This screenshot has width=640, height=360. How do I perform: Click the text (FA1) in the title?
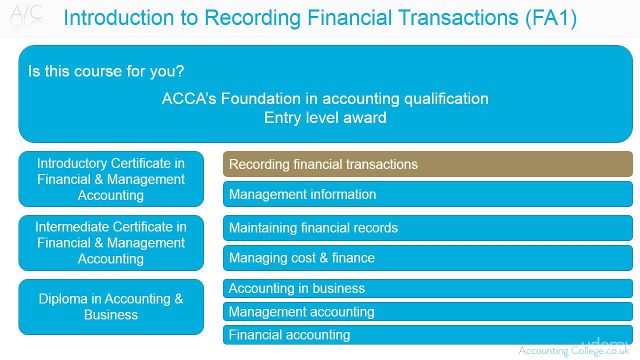[x=551, y=18]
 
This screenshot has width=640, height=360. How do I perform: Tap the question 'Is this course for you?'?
[x=106, y=71]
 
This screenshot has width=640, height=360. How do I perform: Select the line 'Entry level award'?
[x=325, y=118]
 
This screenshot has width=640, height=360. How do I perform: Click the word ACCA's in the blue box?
[x=189, y=98]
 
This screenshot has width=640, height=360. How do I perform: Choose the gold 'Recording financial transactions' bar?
[x=427, y=164]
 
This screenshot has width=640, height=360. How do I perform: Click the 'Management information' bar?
[x=427, y=194]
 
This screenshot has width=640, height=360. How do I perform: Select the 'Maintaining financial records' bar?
[x=427, y=228]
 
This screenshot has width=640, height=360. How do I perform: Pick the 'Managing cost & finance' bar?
[x=427, y=258]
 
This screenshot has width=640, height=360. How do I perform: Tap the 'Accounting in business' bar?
[x=427, y=288]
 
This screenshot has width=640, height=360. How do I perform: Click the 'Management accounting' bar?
[x=427, y=312]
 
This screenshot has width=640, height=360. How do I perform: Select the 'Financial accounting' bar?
[x=427, y=334]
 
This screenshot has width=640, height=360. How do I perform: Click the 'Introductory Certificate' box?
[x=111, y=179]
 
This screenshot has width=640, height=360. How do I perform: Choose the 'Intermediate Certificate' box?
[x=111, y=243]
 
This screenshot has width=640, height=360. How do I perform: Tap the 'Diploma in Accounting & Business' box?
[x=111, y=307]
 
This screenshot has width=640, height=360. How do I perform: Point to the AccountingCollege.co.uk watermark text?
[x=573, y=351]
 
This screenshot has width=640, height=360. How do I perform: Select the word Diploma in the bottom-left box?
[x=63, y=299]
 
